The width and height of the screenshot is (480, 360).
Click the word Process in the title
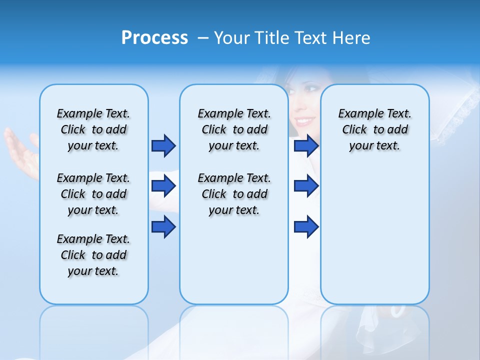click(x=154, y=38)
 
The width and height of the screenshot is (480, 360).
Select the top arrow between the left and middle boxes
click(x=163, y=145)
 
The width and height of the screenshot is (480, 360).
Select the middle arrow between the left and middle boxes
click(x=163, y=186)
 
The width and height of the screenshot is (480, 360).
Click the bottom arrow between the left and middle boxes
click(x=163, y=227)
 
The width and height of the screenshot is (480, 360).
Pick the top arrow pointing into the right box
click(x=306, y=145)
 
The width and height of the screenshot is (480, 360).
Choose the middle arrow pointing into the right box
click(x=306, y=186)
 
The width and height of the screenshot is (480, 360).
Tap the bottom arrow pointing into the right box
click(x=306, y=227)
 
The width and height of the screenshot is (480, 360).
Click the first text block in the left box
click(x=93, y=130)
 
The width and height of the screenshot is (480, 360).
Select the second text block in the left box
click(x=93, y=194)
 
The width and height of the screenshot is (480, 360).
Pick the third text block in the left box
click(x=93, y=255)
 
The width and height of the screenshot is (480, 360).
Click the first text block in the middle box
click(x=234, y=130)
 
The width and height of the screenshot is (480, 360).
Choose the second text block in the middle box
click(x=234, y=194)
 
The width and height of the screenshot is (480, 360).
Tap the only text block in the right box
click(x=374, y=130)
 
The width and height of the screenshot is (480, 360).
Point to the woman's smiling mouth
click(x=304, y=121)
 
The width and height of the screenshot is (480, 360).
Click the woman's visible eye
click(x=311, y=89)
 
